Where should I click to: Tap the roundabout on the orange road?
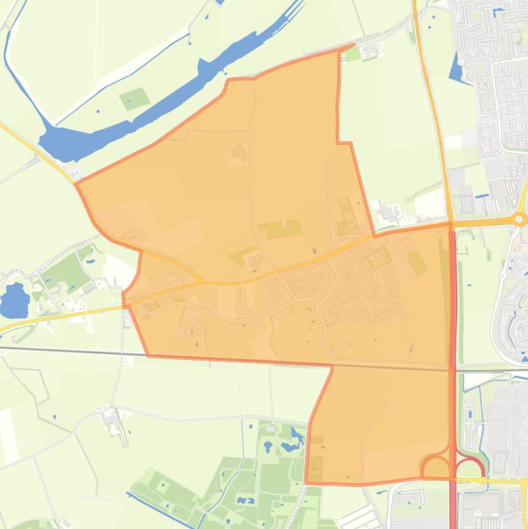coord(519,220)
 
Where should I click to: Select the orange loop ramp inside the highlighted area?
coord(435,467)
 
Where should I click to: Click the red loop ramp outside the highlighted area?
coord(470,469)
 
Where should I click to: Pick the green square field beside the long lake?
coord(135,98)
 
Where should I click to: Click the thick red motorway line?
coord(453,344)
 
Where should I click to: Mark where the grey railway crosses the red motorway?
coord(453,370)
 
